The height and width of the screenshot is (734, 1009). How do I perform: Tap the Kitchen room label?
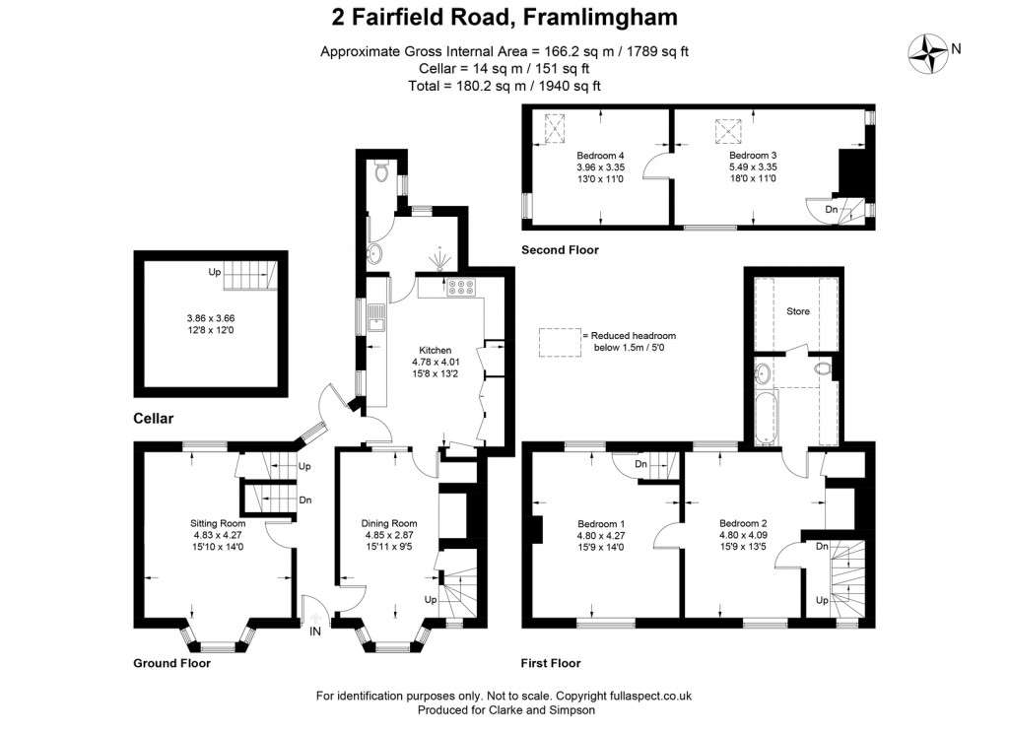(x=435, y=350)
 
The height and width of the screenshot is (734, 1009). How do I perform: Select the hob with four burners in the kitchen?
(x=461, y=289)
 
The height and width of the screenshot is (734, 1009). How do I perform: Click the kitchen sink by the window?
(x=374, y=316)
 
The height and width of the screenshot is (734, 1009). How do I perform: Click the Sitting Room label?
(x=218, y=523)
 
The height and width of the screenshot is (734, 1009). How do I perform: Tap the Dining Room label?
(x=389, y=523)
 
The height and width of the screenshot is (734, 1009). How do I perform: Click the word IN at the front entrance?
(x=315, y=631)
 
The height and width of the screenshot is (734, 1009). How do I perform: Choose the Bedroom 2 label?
(x=743, y=523)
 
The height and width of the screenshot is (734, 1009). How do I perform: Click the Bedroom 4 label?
(x=600, y=156)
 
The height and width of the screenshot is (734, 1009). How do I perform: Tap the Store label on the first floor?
(x=797, y=311)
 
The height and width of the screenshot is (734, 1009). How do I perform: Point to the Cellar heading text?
(x=153, y=419)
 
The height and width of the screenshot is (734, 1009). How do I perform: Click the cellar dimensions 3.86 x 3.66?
(x=211, y=318)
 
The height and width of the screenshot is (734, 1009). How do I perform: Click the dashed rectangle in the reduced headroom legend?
(x=558, y=340)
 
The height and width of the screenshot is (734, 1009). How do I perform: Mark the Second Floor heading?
(x=560, y=250)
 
